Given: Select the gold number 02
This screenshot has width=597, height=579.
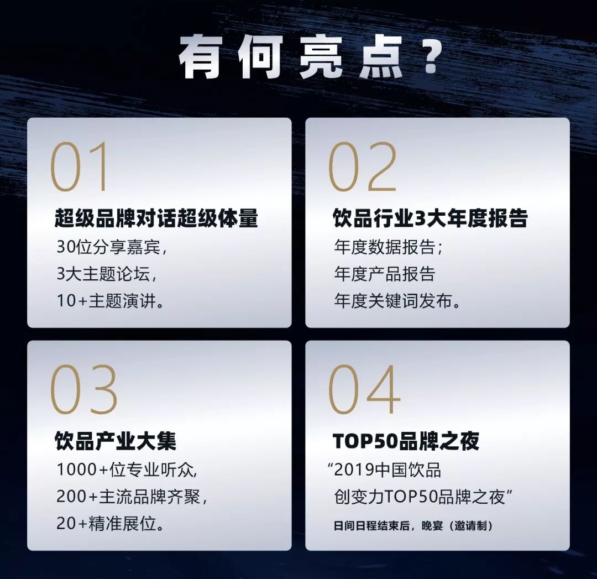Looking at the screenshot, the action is (x=362, y=166).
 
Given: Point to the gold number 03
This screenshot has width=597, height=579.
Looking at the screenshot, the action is (x=83, y=389).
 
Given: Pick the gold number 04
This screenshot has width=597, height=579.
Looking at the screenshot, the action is (x=364, y=389).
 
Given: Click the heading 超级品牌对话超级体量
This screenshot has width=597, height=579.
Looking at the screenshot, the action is (x=156, y=218).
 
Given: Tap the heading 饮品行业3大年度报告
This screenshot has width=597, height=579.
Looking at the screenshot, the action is (x=430, y=218).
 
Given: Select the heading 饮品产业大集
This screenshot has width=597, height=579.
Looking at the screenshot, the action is (x=116, y=441).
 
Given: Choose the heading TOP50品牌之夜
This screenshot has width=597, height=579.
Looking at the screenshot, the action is (x=406, y=441).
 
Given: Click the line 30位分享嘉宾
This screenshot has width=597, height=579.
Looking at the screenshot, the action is (x=112, y=247).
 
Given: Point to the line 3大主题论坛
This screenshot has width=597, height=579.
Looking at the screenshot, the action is (x=107, y=274).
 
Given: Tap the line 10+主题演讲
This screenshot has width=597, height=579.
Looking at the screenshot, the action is (x=111, y=301).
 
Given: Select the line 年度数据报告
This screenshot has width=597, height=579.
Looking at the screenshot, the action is (x=389, y=247).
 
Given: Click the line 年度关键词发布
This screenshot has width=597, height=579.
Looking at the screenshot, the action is (x=397, y=301).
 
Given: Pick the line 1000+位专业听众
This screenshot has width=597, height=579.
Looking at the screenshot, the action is (x=127, y=470).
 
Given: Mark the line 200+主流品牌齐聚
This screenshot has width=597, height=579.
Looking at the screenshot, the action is (x=132, y=497).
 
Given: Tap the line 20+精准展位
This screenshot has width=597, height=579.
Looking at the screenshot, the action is (x=111, y=524).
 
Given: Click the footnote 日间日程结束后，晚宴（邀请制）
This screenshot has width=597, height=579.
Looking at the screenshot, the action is (x=413, y=526).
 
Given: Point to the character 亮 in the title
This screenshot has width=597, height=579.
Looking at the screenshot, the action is (x=320, y=57).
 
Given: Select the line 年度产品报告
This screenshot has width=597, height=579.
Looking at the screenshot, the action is (x=385, y=274).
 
